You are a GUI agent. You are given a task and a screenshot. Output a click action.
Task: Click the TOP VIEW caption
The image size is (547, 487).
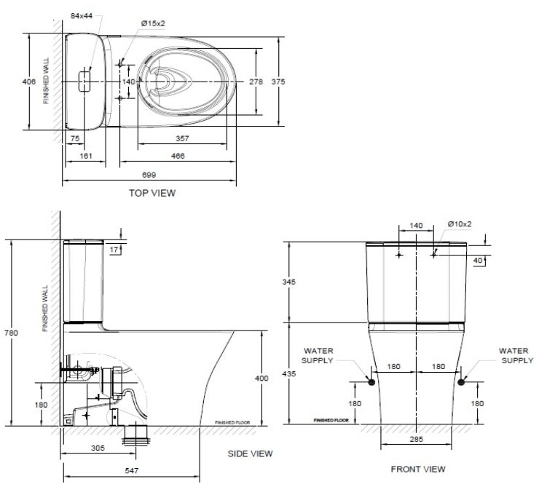tap(151, 193)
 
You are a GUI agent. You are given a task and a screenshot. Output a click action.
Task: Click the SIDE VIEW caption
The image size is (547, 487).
tap(251, 454)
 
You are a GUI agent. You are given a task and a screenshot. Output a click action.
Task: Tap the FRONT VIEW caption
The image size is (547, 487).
tap(417, 469)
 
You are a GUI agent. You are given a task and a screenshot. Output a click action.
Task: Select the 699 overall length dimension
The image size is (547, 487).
tap(149, 175)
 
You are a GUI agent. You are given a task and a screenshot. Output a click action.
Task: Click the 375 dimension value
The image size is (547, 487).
tap(278, 82)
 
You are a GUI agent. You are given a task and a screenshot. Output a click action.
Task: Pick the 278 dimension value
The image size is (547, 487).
tap(256, 82)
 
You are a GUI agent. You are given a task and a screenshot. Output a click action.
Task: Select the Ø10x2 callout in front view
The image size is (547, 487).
tap(460, 224)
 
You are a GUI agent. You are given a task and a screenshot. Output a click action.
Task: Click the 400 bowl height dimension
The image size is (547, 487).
tap(269, 378)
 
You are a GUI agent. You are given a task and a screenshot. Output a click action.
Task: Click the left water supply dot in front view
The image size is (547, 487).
tap(371, 381)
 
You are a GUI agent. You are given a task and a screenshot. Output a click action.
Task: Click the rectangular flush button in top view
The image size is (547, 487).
tap(86, 80)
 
